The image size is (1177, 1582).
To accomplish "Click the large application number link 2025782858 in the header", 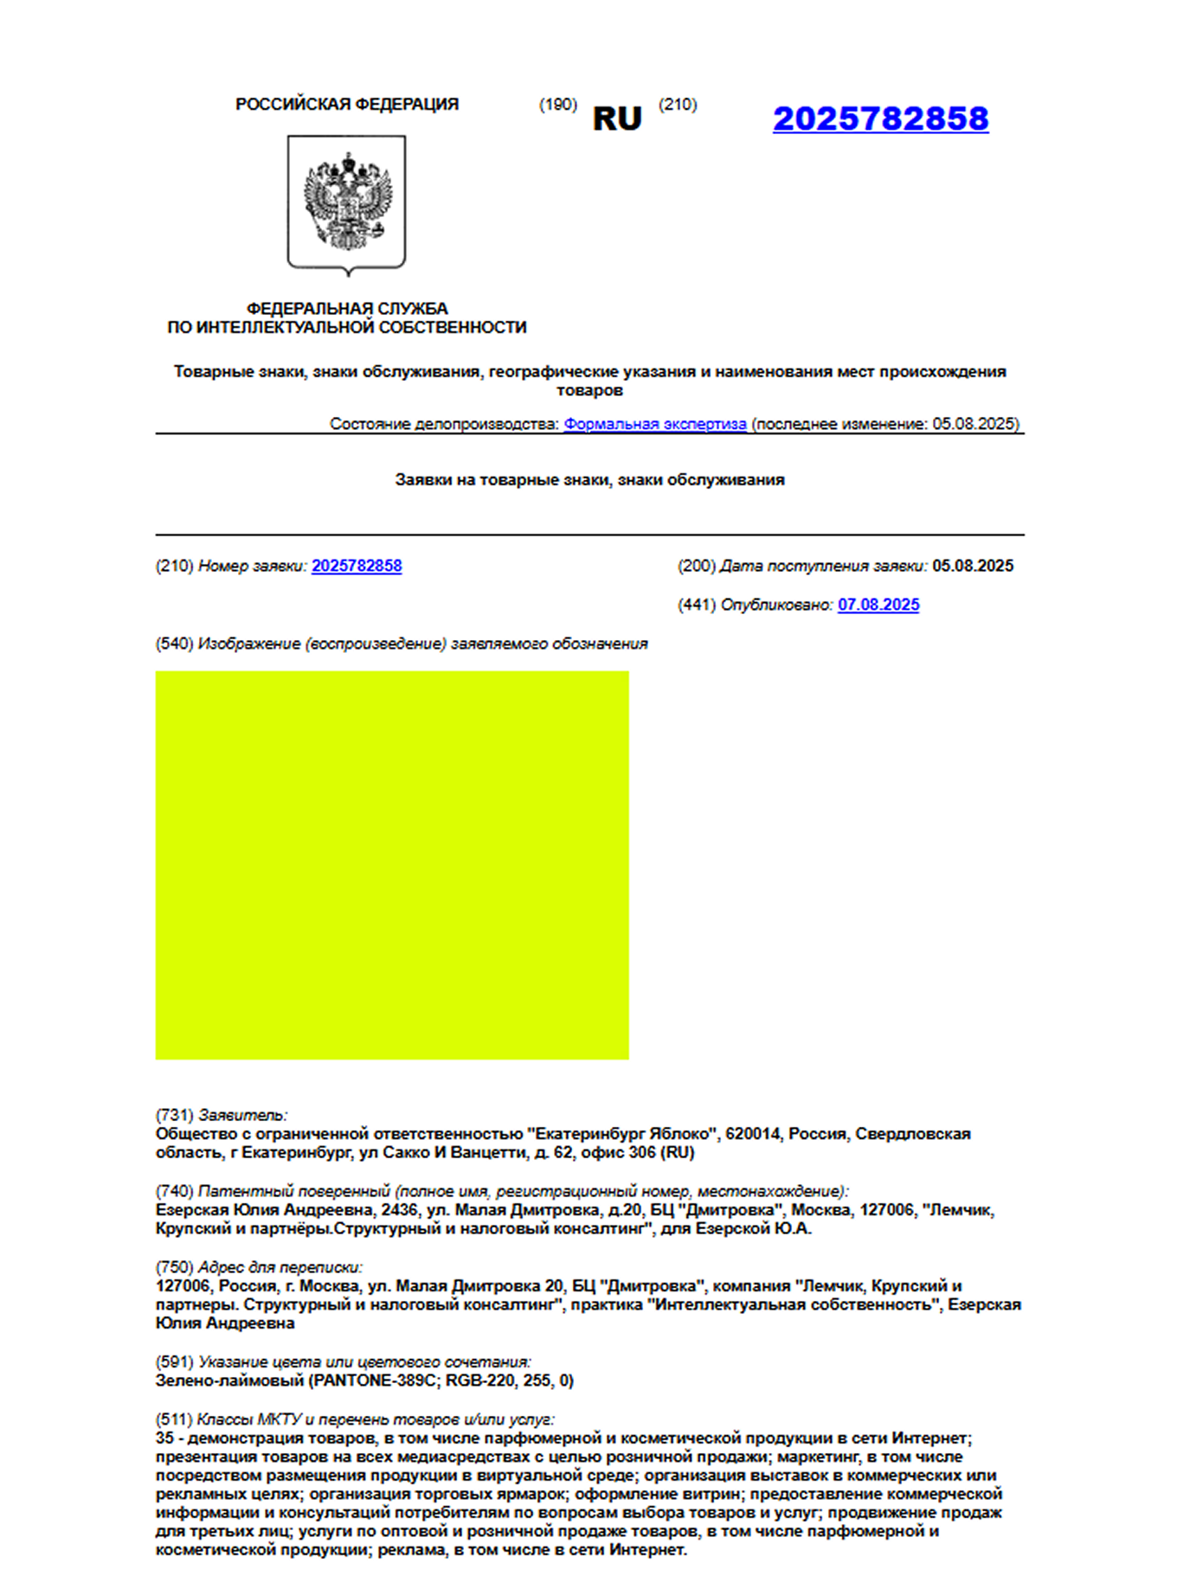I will pos(880,119).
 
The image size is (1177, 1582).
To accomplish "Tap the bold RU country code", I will pos(617,119).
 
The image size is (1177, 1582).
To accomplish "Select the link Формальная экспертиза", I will pos(655,424).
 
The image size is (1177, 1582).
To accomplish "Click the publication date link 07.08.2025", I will pos(878,605).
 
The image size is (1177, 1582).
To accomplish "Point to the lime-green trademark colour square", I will pos(392,865).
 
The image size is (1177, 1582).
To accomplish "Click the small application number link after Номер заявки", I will pos(357,566).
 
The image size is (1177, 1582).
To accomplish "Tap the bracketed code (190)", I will pos(557,105).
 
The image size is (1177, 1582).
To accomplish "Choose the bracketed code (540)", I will pos(174,644).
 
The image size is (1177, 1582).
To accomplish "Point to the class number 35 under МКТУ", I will pos(164,1438).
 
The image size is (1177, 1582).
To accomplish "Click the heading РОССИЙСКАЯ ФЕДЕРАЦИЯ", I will pos(347,105).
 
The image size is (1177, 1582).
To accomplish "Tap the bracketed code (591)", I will pos(174,1361).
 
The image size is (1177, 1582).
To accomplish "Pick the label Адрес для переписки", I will pos(280,1267).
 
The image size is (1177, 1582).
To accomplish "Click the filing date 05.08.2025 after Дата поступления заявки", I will pos(973,566).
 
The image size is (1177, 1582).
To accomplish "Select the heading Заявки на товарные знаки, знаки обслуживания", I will pos(589,480).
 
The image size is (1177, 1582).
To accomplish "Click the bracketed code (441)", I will pos(697,605).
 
